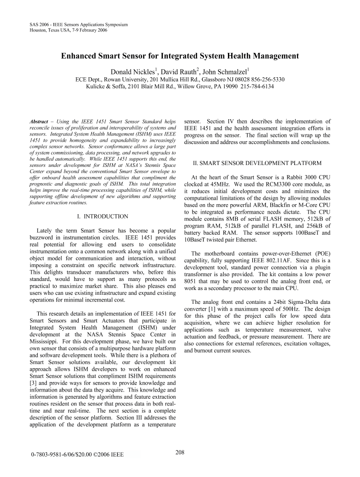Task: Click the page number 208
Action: [180, 452]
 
